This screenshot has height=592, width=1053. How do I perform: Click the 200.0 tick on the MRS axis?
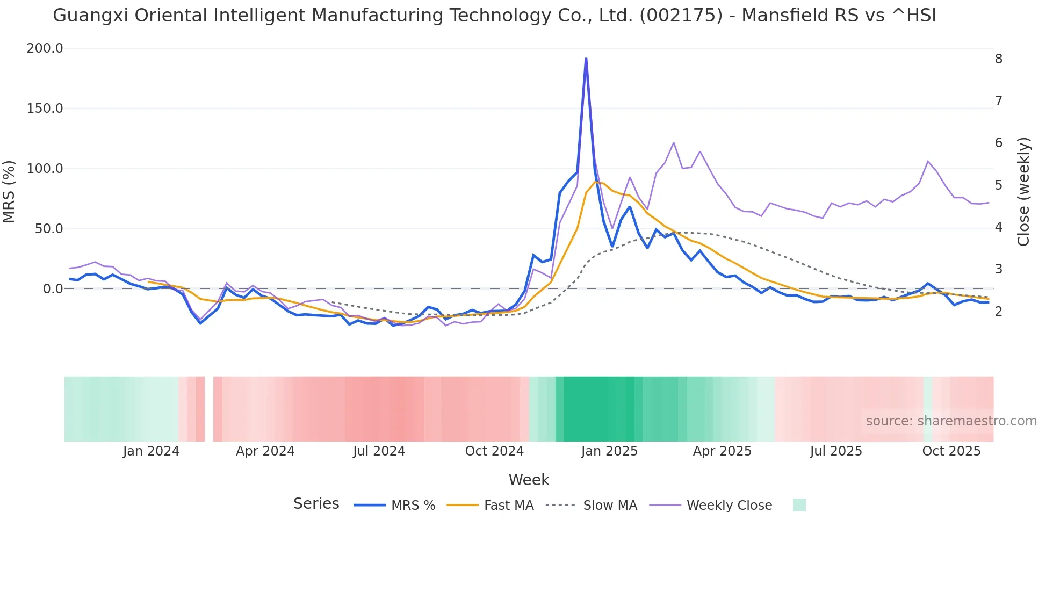point(45,48)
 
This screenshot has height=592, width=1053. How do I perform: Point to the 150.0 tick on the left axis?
point(45,109)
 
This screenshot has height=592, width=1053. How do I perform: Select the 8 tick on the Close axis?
point(998,59)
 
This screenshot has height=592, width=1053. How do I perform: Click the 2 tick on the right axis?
point(998,312)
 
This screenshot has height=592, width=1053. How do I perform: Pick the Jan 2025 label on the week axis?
point(609,451)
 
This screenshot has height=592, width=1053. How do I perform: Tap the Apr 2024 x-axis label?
point(265,451)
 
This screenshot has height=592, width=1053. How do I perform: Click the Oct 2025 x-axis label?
point(951,451)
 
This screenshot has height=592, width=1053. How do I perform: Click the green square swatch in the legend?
point(799,505)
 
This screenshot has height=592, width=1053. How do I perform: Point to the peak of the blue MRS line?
point(586,59)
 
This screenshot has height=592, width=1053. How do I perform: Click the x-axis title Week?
point(529,480)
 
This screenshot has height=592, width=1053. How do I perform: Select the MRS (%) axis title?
point(9,192)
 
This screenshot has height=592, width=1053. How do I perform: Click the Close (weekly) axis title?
point(1023,192)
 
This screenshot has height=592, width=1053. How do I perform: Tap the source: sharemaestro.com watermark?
point(951,421)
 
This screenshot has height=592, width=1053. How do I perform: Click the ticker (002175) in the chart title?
point(681,16)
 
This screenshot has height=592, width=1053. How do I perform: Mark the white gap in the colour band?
point(209,409)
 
